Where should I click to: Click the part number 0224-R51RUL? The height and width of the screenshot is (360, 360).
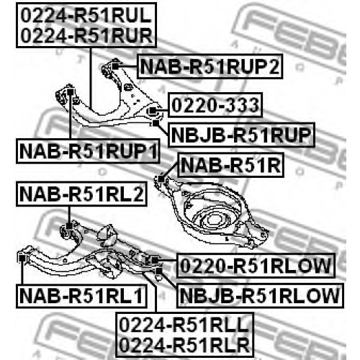(86, 15)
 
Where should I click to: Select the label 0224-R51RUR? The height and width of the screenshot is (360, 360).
(86, 35)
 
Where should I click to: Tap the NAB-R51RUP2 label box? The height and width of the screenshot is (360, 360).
(210, 66)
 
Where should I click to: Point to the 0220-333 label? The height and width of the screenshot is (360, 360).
(215, 105)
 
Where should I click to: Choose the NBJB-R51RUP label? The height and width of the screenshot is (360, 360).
(241, 135)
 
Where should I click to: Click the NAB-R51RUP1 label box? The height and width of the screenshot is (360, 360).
(88, 151)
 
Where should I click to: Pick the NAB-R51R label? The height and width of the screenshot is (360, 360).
(230, 165)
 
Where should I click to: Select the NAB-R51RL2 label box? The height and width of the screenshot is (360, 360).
(81, 194)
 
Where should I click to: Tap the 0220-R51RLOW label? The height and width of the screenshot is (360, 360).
(256, 266)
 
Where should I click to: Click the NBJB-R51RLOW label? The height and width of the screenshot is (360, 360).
(260, 296)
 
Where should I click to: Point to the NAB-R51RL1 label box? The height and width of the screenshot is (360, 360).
(81, 296)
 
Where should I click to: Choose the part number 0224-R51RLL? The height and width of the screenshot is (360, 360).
(184, 325)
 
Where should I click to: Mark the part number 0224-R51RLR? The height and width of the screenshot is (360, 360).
(184, 345)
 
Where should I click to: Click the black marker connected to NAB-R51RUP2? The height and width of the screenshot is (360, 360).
(115, 66)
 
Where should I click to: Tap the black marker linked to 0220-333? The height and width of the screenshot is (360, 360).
(153, 111)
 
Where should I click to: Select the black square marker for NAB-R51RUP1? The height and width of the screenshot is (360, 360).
(70, 92)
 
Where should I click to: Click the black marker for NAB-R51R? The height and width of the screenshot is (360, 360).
(161, 179)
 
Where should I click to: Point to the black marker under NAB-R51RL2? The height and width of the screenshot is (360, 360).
(69, 226)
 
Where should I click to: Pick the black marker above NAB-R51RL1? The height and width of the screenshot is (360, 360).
(22, 258)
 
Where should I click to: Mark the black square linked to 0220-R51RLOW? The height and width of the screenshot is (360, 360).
(155, 260)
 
